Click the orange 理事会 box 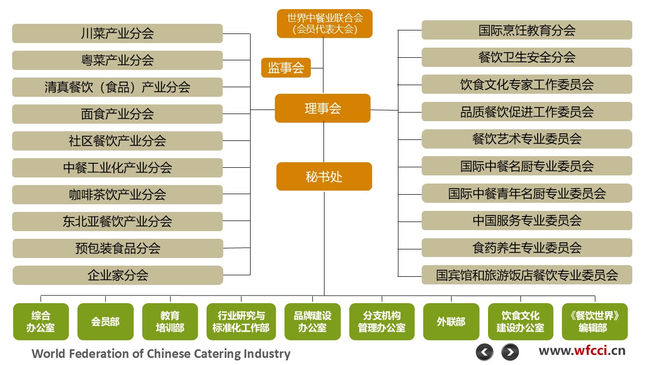pyautogui.click(x=322, y=108)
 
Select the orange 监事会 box pyautogui.click(x=286, y=68)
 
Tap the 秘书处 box pyautogui.click(x=324, y=176)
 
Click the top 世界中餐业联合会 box pyautogui.click(x=325, y=24)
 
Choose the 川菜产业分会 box pyautogui.click(x=117, y=33)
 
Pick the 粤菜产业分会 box pyautogui.click(x=117, y=60)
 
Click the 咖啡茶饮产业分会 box pyautogui.click(x=117, y=195)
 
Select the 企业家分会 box pyautogui.click(x=117, y=275)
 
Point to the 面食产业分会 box pyautogui.click(x=117, y=114)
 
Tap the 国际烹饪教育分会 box pyautogui.click(x=526, y=30)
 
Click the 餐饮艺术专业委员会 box pyautogui.click(x=526, y=139)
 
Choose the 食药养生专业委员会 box pyautogui.click(x=526, y=248)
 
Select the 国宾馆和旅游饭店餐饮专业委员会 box pyautogui.click(x=526, y=275)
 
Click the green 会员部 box pyautogui.click(x=105, y=321)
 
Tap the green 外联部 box pyautogui.click(x=451, y=321)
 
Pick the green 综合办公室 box pyautogui.click(x=40, y=321)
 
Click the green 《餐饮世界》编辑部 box pyautogui.click(x=594, y=321)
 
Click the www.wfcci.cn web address pyautogui.click(x=582, y=350)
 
